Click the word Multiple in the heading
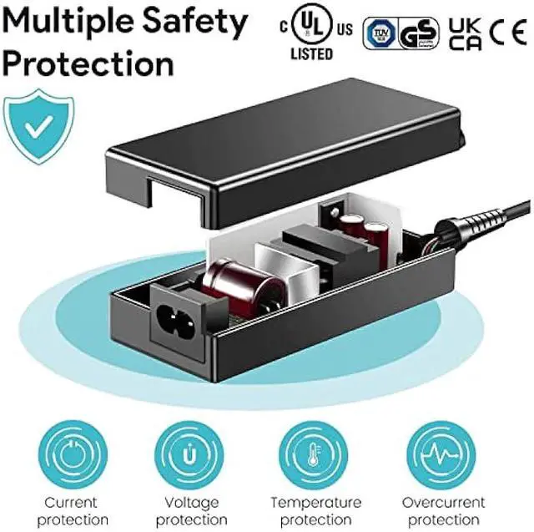(x=68, y=22)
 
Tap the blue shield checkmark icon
(x=37, y=125)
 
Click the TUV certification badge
(x=377, y=34)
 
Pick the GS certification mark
(x=418, y=34)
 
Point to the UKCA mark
(x=465, y=34)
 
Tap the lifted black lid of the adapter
(x=284, y=150)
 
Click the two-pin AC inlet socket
(x=176, y=317)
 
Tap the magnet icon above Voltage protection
(x=189, y=454)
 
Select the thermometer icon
(x=315, y=454)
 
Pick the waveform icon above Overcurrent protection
(x=443, y=454)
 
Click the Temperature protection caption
(x=315, y=510)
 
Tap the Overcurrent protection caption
(x=443, y=510)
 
